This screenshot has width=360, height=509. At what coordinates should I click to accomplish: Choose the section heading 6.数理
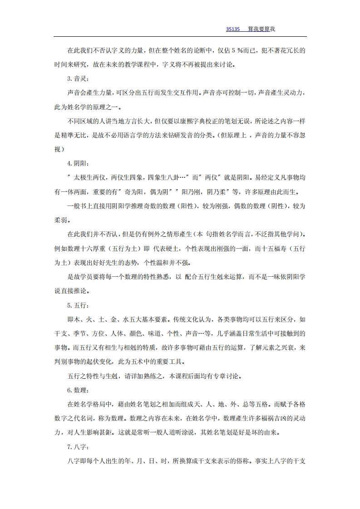(x=75, y=390)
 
